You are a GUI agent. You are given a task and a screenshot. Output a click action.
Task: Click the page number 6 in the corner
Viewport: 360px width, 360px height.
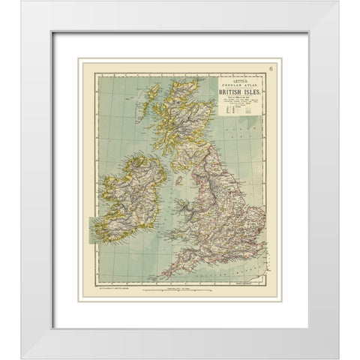pyautogui.click(x=272, y=70)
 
